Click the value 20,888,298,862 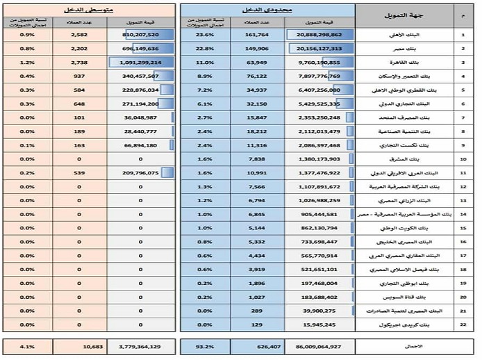[x=319, y=34]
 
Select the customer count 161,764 [x=258, y=34]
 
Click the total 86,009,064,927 [x=319, y=345]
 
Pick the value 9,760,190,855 [x=319, y=63]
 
